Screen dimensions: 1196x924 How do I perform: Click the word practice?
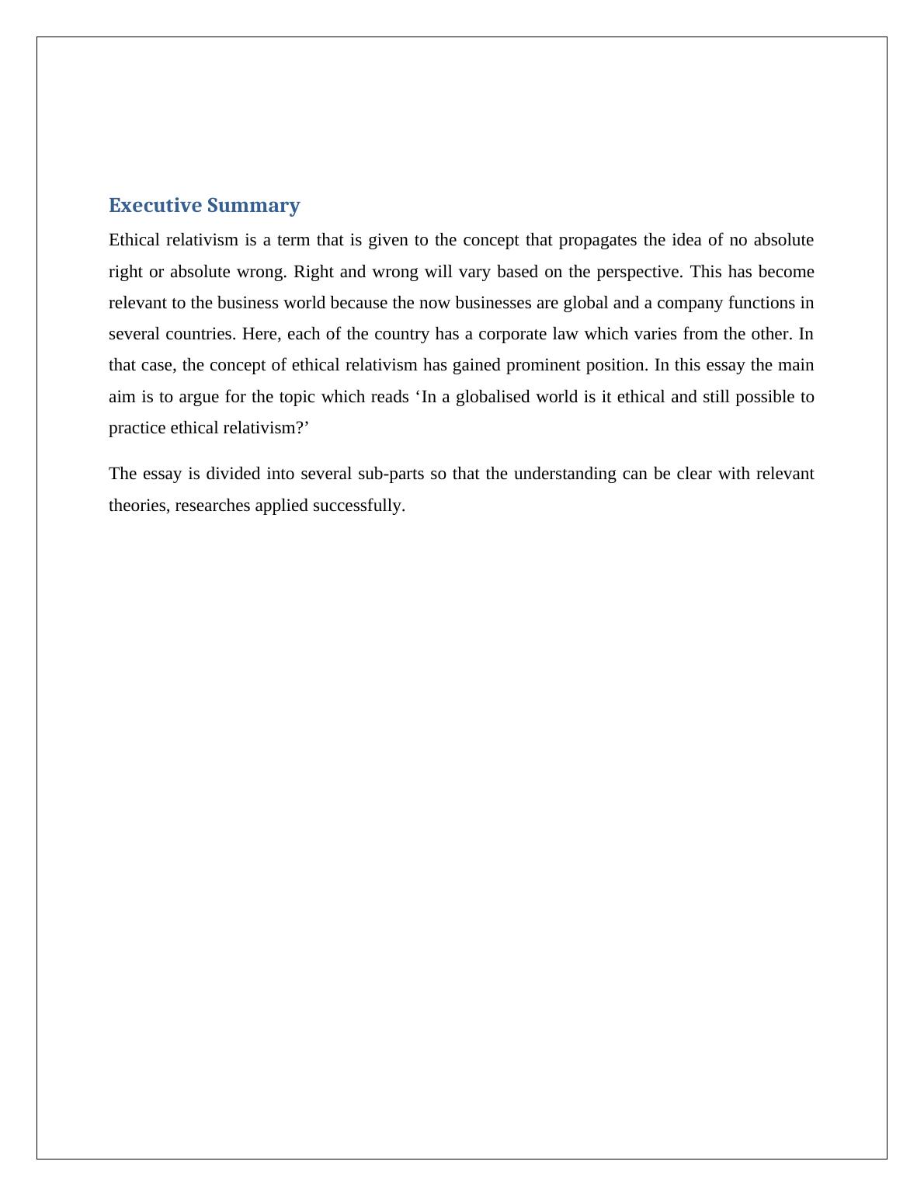pyautogui.click(x=137, y=428)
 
